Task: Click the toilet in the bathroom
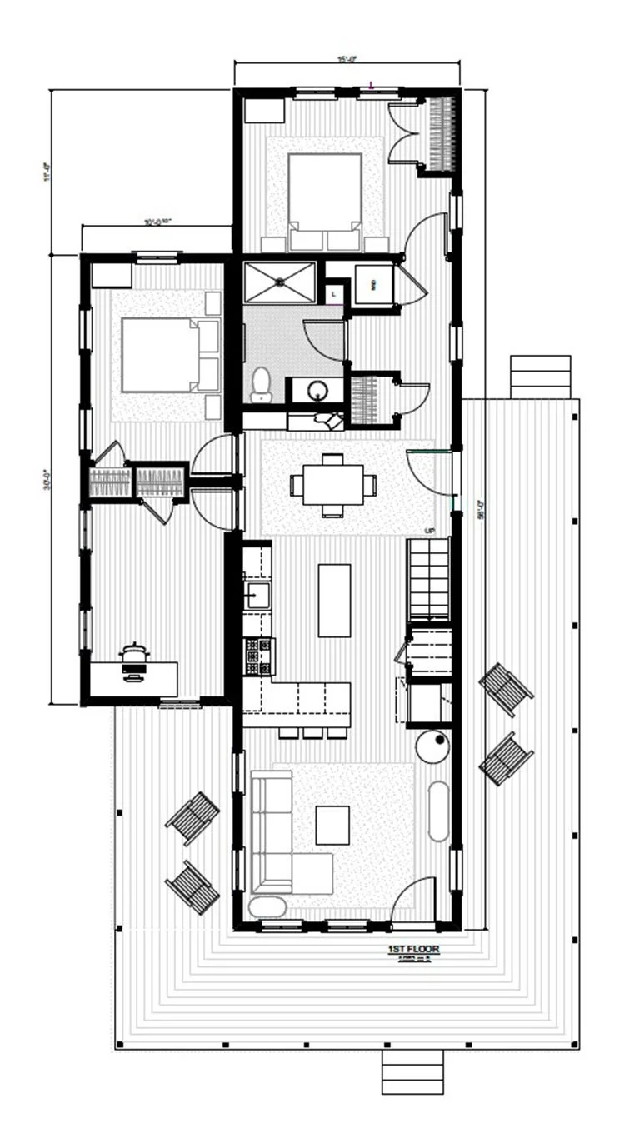(x=262, y=384)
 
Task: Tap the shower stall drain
(x=280, y=282)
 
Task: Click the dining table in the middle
(x=333, y=484)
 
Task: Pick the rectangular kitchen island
(x=334, y=600)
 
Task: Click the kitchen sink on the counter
(x=257, y=596)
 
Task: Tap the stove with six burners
(x=258, y=656)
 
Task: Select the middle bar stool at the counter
(x=313, y=732)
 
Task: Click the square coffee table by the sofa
(x=333, y=825)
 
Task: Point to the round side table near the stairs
(x=432, y=746)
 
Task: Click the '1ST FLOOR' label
(x=413, y=949)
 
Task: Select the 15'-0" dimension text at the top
(x=347, y=58)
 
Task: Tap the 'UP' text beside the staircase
(x=430, y=531)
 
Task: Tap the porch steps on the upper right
(x=540, y=377)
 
